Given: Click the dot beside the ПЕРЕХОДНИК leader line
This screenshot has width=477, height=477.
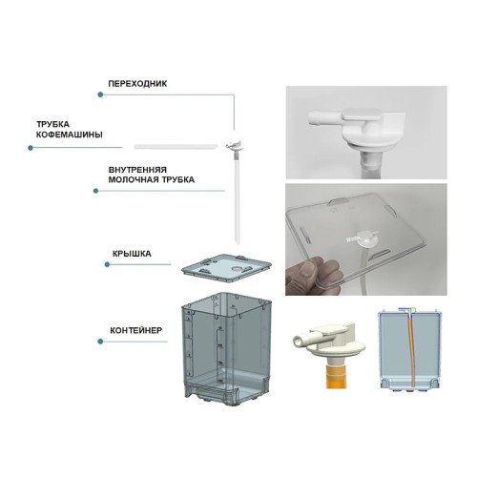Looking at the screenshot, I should tap(98, 94).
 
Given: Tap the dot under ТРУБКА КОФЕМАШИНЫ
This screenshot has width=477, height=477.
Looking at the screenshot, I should tap(30, 148).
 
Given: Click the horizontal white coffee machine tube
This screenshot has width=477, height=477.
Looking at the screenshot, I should tap(176, 146).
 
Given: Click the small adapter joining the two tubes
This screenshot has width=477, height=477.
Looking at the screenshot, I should tap(232, 145).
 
